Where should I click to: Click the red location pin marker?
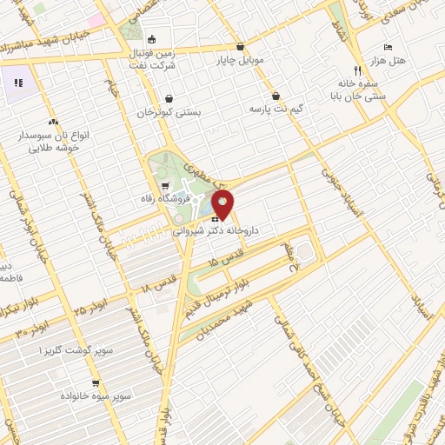pyautogui.click(x=223, y=204)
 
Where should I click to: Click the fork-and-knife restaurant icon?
pyautogui.click(x=356, y=70)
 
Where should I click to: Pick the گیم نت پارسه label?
pyautogui.click(x=276, y=109)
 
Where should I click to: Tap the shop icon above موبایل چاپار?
pyautogui.click(x=241, y=49)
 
